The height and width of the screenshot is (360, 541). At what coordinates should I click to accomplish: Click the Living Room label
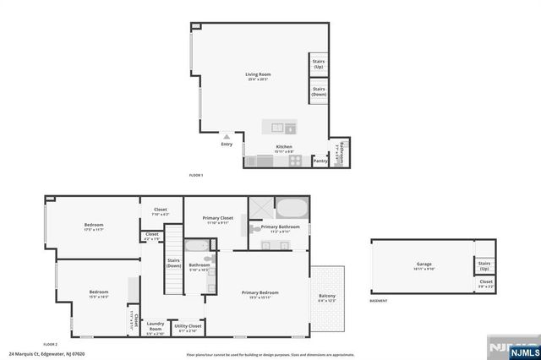click(x=257, y=76)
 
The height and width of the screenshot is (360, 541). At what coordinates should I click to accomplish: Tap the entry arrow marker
click(x=227, y=135)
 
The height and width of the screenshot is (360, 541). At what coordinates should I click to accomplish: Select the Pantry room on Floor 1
click(x=320, y=160)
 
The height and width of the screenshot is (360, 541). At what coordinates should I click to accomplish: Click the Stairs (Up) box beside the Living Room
click(x=320, y=64)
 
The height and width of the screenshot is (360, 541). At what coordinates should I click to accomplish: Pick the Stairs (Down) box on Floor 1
click(x=320, y=91)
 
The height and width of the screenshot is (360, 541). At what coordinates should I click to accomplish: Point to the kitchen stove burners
click(x=296, y=160)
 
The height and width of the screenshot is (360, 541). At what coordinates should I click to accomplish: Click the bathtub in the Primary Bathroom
click(x=292, y=207)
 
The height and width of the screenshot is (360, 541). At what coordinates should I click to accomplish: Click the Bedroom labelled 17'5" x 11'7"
click(x=93, y=226)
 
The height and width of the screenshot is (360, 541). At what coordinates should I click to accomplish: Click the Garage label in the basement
click(x=424, y=265)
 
